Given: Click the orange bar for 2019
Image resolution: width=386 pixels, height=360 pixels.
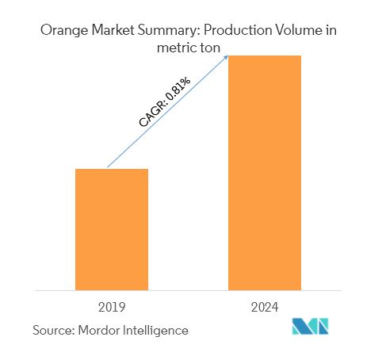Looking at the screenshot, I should [112, 229].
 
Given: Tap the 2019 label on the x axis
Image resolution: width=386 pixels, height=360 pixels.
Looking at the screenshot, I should [112, 306].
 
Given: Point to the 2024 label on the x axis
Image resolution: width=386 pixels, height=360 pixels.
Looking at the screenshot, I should [265, 306].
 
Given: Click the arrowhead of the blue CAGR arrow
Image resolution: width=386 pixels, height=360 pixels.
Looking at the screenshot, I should [227, 56].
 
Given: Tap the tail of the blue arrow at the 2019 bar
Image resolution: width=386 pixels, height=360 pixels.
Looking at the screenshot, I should [109, 167].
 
